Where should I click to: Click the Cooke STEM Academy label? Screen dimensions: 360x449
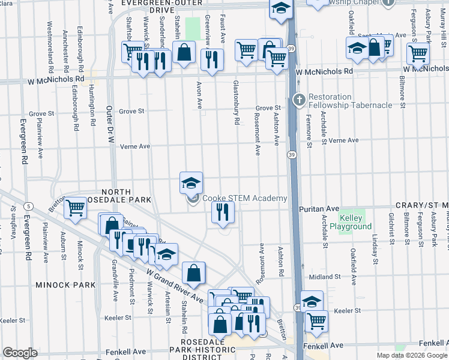tap(244, 199)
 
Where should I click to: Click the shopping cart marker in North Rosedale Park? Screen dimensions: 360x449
tap(75, 209)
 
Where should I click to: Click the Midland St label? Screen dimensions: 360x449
tap(324, 277)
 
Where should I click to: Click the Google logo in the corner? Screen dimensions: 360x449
tap(20, 353)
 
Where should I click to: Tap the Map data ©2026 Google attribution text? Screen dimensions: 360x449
tap(411, 355)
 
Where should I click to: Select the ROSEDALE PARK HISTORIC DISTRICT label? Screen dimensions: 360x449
tap(202, 353)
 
